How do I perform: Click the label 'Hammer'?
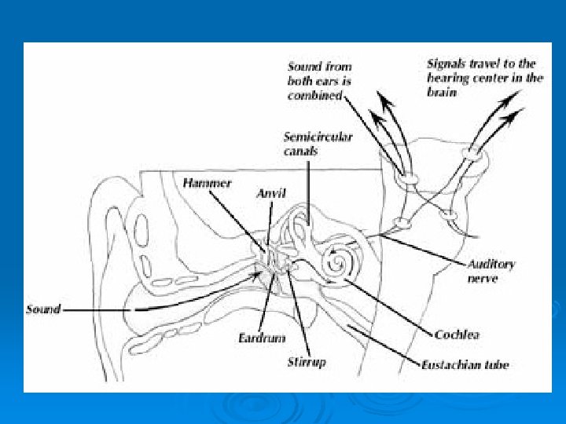(x=207, y=183)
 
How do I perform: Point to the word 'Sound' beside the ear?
(x=43, y=309)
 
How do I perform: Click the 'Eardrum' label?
(x=259, y=338)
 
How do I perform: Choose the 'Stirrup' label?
(x=306, y=362)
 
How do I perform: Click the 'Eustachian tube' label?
(x=465, y=364)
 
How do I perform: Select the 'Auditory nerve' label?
(x=491, y=271)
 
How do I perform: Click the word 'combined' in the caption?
(x=314, y=95)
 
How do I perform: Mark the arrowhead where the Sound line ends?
(x=260, y=275)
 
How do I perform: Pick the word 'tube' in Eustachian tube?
(x=494, y=364)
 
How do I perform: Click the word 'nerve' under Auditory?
(x=482, y=279)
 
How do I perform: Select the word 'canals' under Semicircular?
(x=300, y=151)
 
